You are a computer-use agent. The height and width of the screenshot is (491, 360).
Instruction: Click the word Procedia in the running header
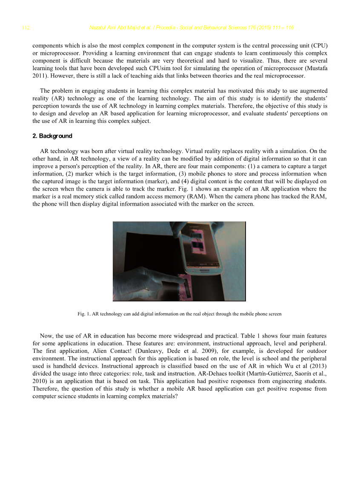click(157, 28)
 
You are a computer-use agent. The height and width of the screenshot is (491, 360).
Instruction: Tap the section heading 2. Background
click(52, 136)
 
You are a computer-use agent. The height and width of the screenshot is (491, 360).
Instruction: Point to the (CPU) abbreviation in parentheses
click(318, 45)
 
